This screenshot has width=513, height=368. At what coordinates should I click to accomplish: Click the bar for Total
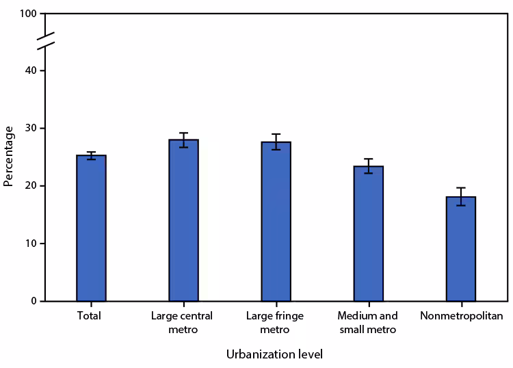pyautogui.click(x=91, y=228)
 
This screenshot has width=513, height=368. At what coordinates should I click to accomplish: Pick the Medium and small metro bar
pyautogui.click(x=368, y=234)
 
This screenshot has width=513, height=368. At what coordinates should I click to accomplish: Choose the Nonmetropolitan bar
pyautogui.click(x=460, y=249)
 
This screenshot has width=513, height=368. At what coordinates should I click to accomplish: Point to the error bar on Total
pyautogui.click(x=91, y=155)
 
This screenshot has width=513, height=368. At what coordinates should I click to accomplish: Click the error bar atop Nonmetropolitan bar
pyautogui.click(x=460, y=196)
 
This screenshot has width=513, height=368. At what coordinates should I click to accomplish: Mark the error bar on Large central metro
pyautogui.click(x=183, y=140)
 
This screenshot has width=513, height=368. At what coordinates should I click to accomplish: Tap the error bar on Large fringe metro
pyautogui.click(x=276, y=142)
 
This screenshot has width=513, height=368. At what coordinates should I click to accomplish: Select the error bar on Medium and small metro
pyautogui.click(x=368, y=166)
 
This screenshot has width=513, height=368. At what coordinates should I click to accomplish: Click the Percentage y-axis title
pyautogui.click(x=8, y=157)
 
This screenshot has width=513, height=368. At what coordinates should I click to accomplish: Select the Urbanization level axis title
pyautogui.click(x=274, y=354)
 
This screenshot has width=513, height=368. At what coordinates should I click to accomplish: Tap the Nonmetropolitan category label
pyautogui.click(x=460, y=316)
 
